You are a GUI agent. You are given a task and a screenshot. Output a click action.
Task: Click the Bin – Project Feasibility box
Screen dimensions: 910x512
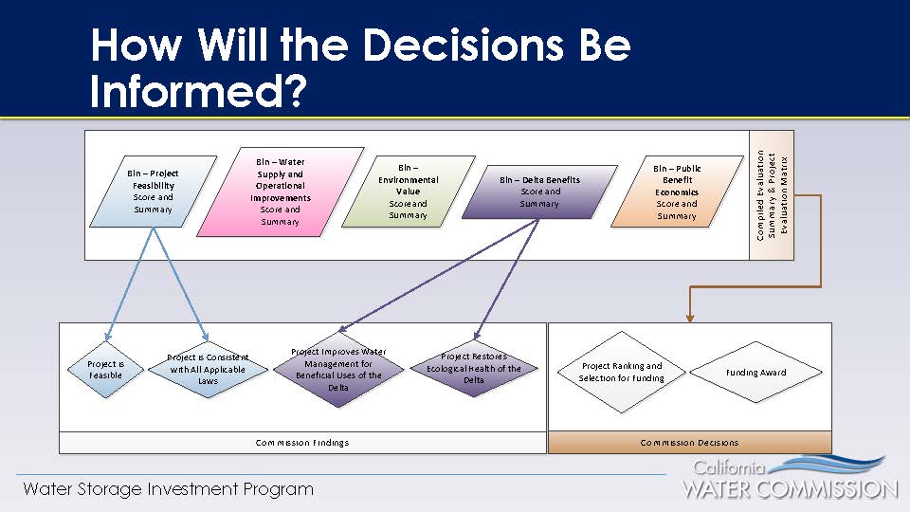pos(153,191)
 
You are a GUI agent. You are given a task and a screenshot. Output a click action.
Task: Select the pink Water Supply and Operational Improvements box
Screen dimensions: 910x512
pos(280,191)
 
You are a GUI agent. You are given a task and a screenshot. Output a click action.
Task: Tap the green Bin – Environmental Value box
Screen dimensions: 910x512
pos(408,191)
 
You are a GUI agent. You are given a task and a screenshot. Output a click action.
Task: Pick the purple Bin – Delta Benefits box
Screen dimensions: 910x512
pos(539,191)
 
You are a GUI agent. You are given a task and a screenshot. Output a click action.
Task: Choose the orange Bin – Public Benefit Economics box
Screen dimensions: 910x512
pos(676,191)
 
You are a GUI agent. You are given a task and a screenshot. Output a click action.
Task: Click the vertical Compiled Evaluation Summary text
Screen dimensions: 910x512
pos(772,195)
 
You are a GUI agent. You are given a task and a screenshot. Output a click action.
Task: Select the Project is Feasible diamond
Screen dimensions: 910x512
pos(105,370)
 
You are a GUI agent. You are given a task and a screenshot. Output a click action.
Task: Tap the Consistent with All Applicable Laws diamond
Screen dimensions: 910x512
pos(208,370)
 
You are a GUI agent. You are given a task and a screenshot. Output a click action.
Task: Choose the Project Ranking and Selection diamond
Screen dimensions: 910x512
pos(621,372)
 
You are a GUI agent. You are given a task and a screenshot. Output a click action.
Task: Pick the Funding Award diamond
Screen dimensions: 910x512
pos(755,372)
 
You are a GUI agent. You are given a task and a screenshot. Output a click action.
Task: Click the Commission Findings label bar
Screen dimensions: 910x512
pos(302,443)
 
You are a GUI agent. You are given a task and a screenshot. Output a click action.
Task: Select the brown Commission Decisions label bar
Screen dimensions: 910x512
pos(689,443)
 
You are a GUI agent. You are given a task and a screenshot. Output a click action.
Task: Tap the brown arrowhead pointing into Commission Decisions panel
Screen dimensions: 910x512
pos(689,318)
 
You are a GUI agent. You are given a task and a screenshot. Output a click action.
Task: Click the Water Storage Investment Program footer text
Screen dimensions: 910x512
pos(168,489)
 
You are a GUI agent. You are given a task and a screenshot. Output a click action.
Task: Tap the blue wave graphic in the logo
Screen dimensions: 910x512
pos(834,466)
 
